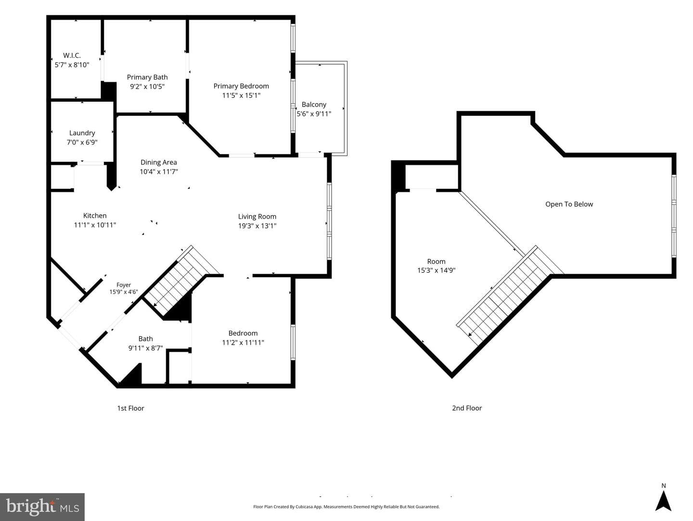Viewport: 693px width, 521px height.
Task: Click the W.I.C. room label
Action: tap(72, 55)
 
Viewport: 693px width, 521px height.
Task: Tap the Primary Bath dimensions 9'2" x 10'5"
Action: tap(147, 86)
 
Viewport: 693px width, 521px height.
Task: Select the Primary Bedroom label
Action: tap(241, 86)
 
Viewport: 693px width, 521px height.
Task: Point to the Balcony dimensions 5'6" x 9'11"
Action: tap(314, 113)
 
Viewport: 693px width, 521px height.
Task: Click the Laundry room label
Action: tap(82, 133)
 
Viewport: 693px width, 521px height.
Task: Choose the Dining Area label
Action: tap(158, 162)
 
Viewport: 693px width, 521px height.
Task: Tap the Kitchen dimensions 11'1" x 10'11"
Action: tap(95, 225)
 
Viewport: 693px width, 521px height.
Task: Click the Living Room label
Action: tap(257, 216)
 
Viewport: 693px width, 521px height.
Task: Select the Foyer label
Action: tap(124, 285)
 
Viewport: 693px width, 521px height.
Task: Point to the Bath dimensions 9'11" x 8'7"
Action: tap(145, 348)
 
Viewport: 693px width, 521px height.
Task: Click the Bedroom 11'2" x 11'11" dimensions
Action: tap(243, 342)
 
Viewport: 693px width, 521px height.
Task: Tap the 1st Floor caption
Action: tap(131, 408)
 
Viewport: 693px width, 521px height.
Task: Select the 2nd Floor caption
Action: tap(467, 408)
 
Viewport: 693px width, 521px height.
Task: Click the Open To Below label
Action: tap(569, 204)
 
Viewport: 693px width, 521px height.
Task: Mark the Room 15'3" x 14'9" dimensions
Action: tap(436, 270)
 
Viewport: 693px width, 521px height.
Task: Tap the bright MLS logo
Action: tap(42, 507)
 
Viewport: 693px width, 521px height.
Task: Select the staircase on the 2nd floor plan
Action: tap(509, 295)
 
